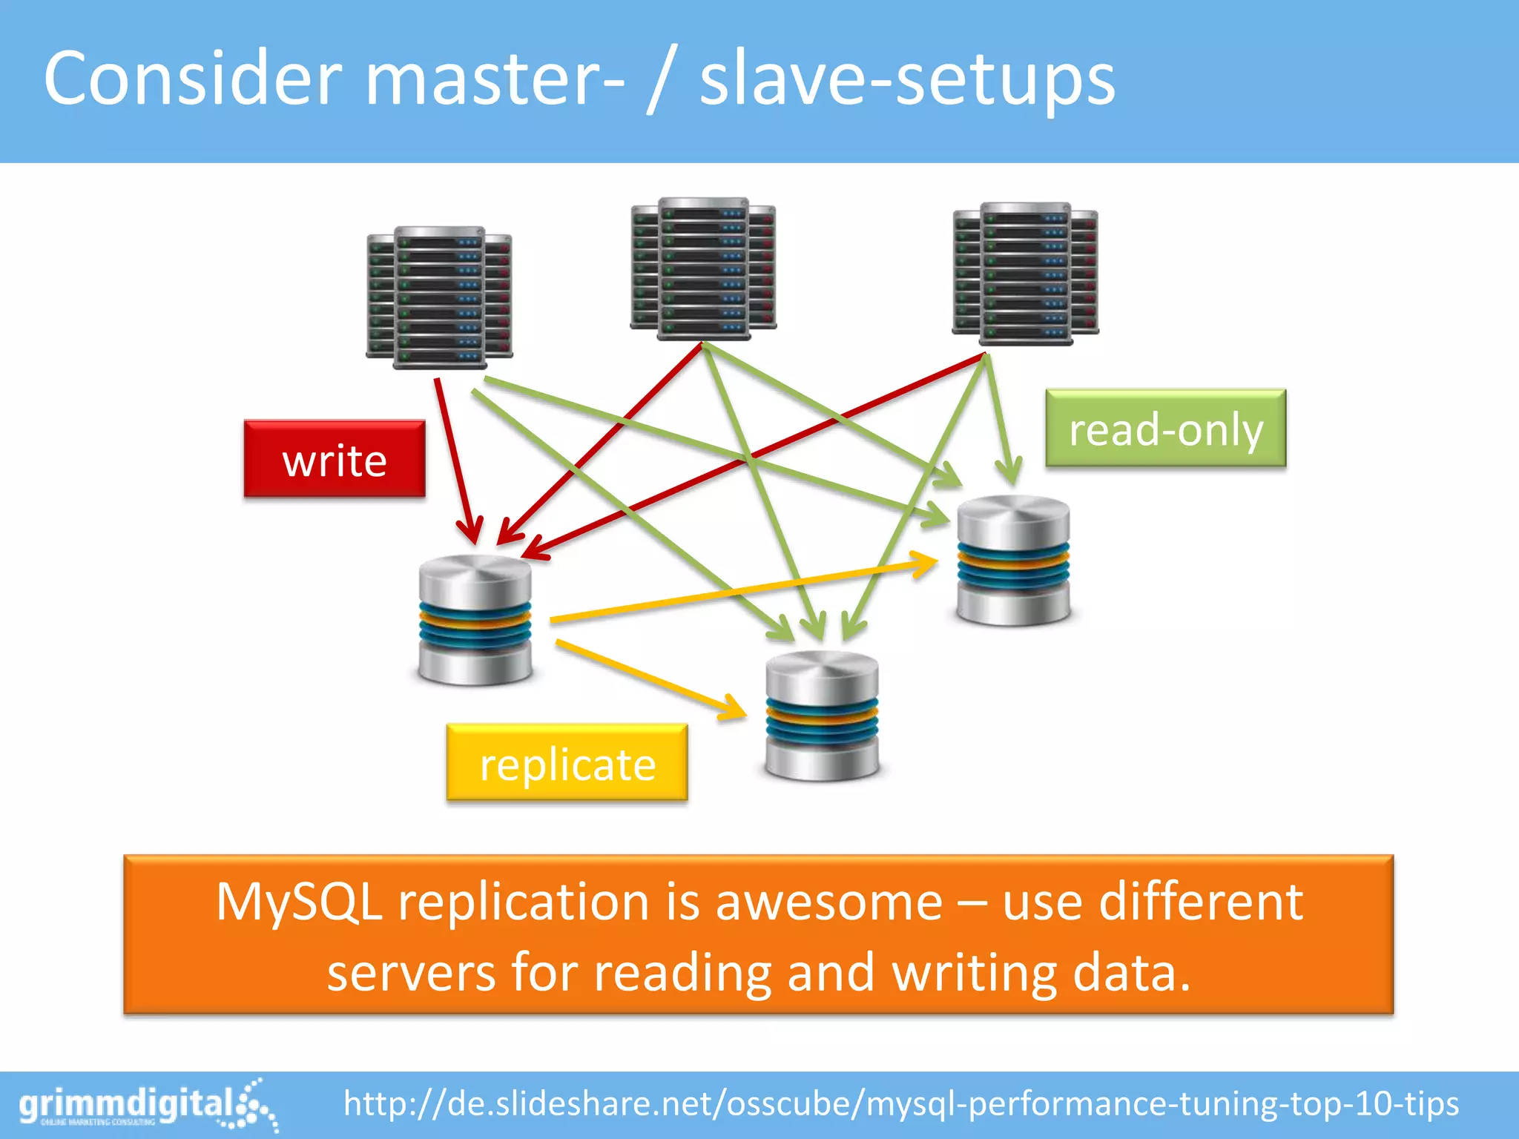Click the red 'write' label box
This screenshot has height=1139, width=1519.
(x=335, y=459)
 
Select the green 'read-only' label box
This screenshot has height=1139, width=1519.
(x=1165, y=429)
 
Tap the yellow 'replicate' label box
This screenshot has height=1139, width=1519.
(x=567, y=763)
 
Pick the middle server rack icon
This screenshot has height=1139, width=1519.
(x=703, y=268)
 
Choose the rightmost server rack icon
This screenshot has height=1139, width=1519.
(x=1025, y=273)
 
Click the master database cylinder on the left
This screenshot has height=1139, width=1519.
(x=475, y=620)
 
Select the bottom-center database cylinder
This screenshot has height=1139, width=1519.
(x=822, y=716)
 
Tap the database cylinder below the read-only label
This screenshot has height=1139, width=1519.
(x=1013, y=561)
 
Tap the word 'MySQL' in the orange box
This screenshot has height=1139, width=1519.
(x=299, y=902)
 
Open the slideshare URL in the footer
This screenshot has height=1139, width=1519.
(x=900, y=1104)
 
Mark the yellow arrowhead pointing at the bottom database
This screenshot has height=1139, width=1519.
(x=734, y=710)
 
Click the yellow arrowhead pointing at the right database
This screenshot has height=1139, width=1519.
(x=926, y=564)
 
